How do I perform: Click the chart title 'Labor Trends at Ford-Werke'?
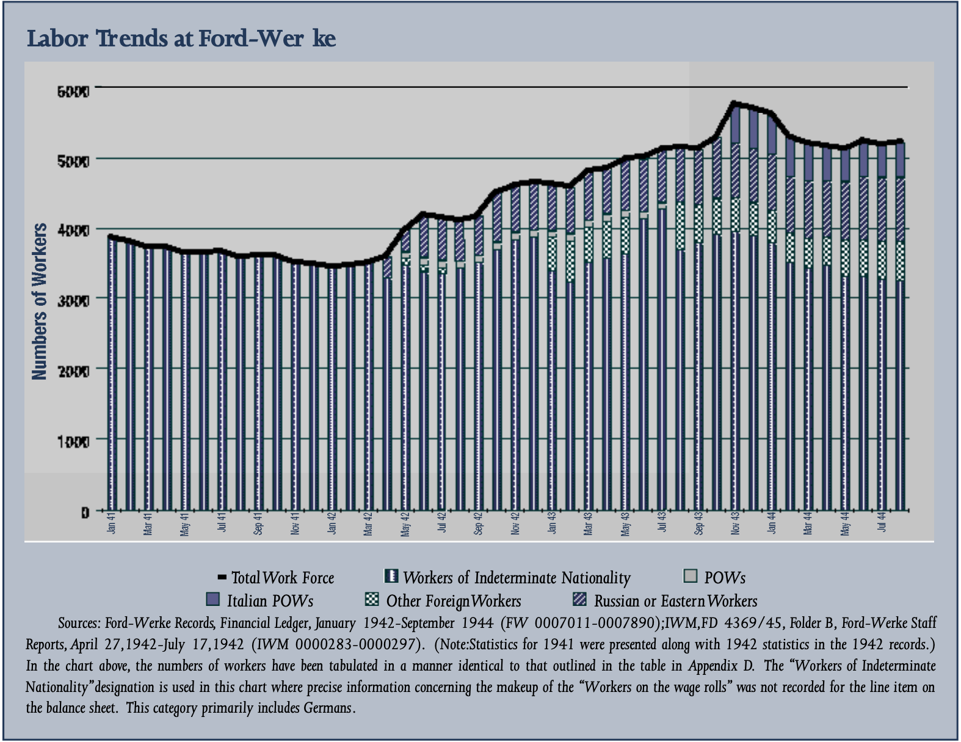coord(181,38)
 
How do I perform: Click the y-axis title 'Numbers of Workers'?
coord(40,301)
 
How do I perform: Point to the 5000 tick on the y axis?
coord(73,161)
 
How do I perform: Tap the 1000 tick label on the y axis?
coord(73,442)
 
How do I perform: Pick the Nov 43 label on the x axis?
coord(735,524)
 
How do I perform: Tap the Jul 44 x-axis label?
coord(882,522)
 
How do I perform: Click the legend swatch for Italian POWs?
coord(212,599)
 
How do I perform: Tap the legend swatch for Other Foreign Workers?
coord(371,599)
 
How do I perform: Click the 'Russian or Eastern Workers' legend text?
coord(675,601)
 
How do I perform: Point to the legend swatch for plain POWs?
coord(690,576)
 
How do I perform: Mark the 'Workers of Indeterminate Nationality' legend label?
coord(517,578)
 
